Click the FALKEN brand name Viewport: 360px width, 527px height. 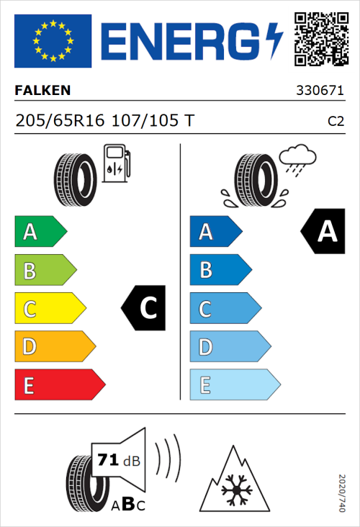click(x=42, y=91)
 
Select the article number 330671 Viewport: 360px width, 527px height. click(x=320, y=91)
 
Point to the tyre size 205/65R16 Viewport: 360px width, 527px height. click(x=60, y=121)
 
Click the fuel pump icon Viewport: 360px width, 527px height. click(x=116, y=163)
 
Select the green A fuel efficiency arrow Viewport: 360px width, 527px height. click(x=40, y=232)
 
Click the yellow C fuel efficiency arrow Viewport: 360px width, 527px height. click(x=49, y=309)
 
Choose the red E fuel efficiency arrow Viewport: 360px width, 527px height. click(x=59, y=385)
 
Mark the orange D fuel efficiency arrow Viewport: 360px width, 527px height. click(x=54, y=347)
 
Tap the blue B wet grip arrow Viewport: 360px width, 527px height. click(x=220, y=271)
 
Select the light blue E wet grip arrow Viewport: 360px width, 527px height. click(x=234, y=385)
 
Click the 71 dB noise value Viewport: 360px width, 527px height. click(x=118, y=459)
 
